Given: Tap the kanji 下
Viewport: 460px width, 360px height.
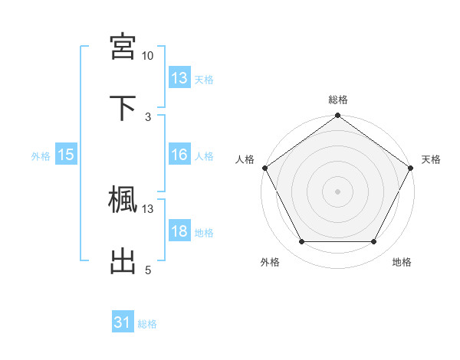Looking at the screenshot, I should (123, 107).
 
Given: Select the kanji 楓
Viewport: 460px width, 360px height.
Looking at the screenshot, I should (123, 199).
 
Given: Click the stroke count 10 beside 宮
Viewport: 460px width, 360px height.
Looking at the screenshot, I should (147, 56).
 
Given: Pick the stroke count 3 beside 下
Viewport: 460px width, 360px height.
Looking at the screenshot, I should (147, 116).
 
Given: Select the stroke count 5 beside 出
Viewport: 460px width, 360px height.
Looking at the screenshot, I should (147, 270).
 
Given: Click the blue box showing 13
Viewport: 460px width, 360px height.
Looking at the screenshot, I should (179, 78).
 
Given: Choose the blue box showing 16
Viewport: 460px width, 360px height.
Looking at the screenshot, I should (179, 155).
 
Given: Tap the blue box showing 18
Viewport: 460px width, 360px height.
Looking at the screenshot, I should (179, 231).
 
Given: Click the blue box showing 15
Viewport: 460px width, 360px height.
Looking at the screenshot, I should (66, 155).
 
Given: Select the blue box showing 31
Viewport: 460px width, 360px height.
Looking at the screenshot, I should (123, 323).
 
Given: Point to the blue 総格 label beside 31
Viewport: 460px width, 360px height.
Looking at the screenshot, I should (147, 324).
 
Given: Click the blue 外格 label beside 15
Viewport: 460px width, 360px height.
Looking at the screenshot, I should (41, 155).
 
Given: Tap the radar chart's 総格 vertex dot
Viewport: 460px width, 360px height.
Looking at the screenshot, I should (337, 116).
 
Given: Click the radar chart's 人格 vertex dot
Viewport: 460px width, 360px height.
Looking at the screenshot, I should (264, 168).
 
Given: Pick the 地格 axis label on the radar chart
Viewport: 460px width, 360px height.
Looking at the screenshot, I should (402, 262).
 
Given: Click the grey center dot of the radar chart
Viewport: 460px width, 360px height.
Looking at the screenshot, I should (337, 191).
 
